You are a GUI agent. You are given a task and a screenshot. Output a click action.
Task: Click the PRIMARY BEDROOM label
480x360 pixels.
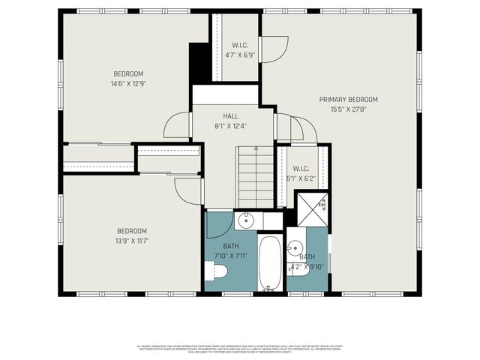(348, 100)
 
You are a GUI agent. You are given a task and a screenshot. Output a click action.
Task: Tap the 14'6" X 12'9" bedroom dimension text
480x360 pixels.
(128, 84)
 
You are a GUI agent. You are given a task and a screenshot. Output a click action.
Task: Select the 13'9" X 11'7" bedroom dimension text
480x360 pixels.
(131, 241)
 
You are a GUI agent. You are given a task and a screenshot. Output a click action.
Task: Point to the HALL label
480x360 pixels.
(230, 116)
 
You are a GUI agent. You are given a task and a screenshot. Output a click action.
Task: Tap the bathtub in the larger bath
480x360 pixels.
(270, 263)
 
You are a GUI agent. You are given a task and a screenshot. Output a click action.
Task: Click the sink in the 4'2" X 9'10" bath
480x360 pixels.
(296, 247)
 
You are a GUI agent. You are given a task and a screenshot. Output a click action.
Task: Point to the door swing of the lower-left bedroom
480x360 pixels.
(188, 190)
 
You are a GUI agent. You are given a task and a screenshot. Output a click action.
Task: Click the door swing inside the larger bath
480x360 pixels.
(219, 225)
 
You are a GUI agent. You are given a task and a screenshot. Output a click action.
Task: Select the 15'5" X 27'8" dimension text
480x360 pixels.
(348, 109)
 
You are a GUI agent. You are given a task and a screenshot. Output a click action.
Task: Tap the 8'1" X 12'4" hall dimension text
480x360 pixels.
(230, 126)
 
